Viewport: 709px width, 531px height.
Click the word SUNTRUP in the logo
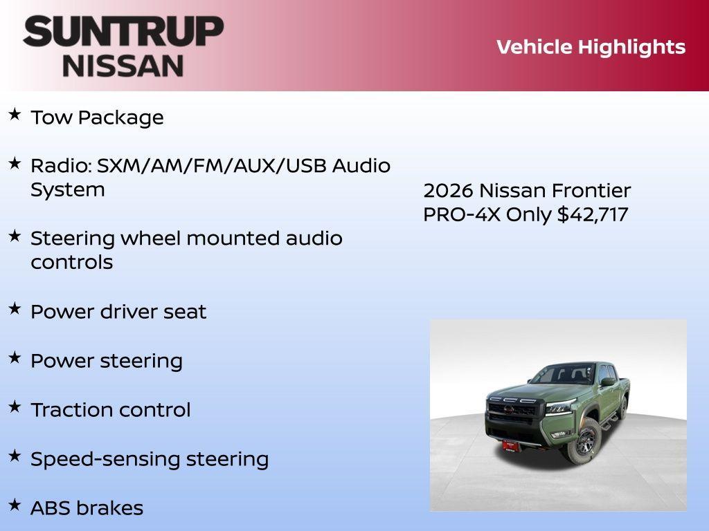123,31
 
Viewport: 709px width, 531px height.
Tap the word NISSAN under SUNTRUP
123,66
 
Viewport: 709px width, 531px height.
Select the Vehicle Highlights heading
591,47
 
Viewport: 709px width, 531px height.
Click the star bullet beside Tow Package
15,114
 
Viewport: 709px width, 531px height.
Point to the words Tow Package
97,118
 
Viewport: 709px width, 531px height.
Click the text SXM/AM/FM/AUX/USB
211,166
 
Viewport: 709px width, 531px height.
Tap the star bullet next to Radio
15,163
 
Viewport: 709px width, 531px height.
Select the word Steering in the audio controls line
73,239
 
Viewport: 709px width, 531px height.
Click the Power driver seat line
118,312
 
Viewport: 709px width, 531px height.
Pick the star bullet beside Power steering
15,357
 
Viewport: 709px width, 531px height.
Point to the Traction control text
110,410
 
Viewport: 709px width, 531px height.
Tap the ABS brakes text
87,508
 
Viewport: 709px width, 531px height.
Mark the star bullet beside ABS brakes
15,505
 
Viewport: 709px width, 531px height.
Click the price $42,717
593,214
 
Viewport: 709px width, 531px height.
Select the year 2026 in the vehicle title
448,191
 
